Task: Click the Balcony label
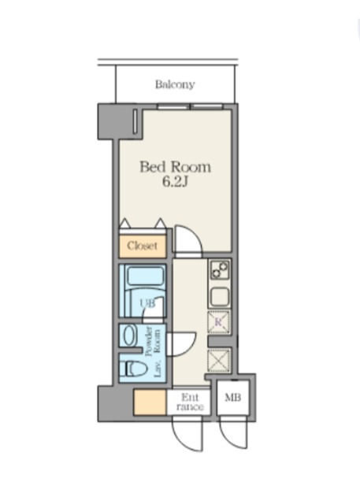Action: [175, 84]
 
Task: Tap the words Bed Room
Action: [175, 167]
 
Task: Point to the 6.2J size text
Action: [175, 182]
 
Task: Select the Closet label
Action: [142, 246]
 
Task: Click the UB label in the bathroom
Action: [147, 303]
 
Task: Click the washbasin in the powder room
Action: [129, 335]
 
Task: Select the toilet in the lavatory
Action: [133, 369]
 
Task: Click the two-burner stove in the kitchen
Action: [220, 269]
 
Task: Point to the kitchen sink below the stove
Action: [220, 296]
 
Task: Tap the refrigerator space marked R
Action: [219, 322]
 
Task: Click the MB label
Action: [233, 398]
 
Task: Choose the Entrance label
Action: [190, 402]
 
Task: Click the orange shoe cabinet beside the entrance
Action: [150, 402]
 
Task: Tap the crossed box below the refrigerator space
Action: [219, 361]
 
